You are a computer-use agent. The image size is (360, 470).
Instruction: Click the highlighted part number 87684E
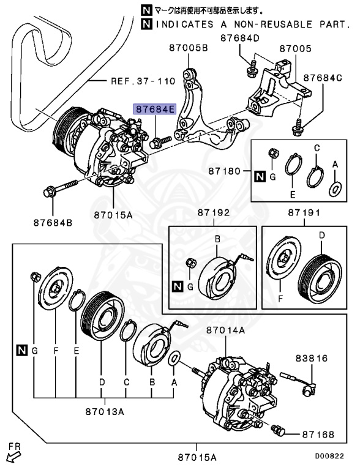[156, 110]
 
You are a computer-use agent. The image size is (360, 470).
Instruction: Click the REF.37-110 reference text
[143, 80]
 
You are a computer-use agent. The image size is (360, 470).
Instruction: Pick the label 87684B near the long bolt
[53, 222]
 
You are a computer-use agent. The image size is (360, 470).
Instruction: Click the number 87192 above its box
[213, 213]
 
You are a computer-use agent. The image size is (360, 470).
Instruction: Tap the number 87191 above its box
[304, 213]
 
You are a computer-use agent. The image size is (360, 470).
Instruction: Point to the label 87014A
[225, 330]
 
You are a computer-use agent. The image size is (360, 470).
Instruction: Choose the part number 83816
[313, 358]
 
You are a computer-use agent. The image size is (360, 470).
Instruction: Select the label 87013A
[105, 411]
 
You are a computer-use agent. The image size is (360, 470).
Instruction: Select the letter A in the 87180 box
[335, 164]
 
